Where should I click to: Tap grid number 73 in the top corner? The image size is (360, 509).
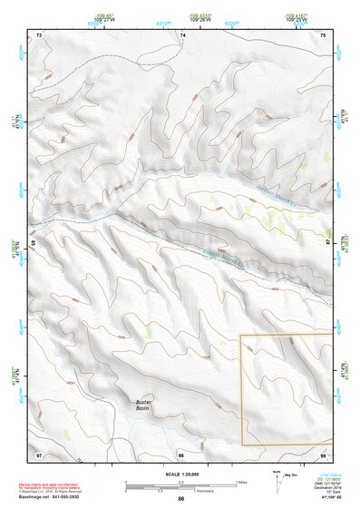(39, 34)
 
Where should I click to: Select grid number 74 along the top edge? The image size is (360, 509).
(183, 34)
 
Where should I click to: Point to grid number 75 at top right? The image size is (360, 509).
(324, 34)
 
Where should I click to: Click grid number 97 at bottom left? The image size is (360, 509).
(39, 454)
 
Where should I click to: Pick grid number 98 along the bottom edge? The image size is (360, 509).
(181, 454)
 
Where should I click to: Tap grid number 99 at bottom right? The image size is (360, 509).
(323, 454)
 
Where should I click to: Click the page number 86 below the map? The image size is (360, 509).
(181, 499)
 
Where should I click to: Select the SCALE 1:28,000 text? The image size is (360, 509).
(180, 475)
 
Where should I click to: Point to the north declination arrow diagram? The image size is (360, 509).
(277, 481)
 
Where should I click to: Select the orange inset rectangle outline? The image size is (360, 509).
(241, 390)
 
